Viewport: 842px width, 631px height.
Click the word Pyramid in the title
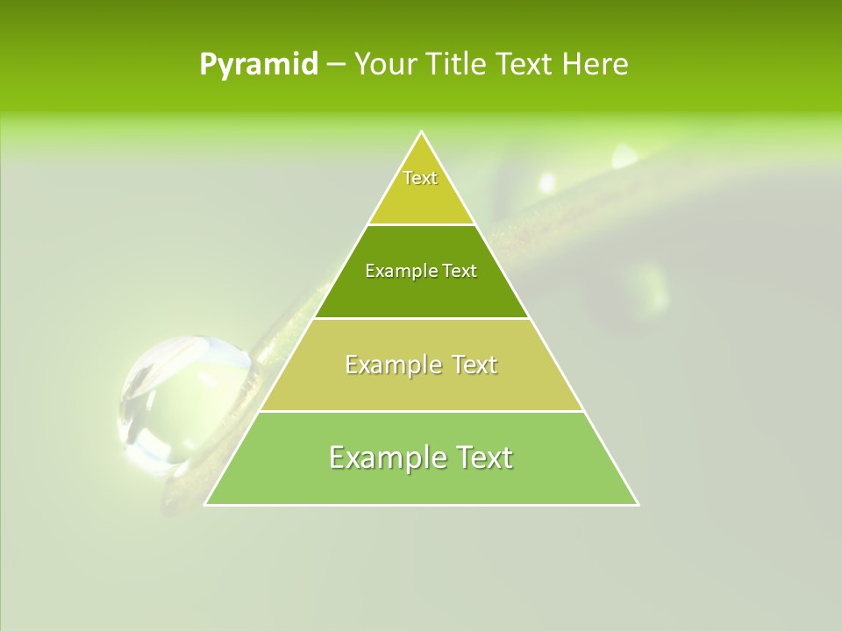pyautogui.click(x=259, y=65)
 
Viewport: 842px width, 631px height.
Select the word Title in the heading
pyautogui.click(x=456, y=65)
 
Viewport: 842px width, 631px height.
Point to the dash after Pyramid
pyautogui.click(x=336, y=65)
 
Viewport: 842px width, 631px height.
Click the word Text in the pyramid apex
pyautogui.click(x=420, y=178)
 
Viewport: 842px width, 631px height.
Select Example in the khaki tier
pyautogui.click(x=391, y=365)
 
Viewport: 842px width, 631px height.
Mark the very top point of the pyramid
pyautogui.click(x=422, y=131)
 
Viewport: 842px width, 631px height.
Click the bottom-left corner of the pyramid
pyautogui.click(x=205, y=505)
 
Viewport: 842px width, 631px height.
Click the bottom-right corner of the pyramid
pyautogui.click(x=638, y=505)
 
